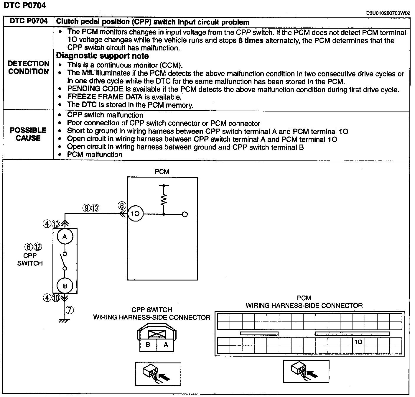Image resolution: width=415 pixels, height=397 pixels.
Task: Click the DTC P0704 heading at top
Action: coord(25,5)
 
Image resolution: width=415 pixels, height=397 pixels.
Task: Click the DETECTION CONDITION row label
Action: coord(28,68)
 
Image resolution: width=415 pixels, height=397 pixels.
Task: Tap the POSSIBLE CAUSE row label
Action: coord(28,134)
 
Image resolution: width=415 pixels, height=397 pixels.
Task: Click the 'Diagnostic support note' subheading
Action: coord(102,56)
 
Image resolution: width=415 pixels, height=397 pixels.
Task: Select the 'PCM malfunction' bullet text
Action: coord(95,155)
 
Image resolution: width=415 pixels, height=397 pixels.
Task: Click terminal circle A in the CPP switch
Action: coord(65,237)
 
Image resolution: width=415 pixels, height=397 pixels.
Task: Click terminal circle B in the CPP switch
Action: coord(65,286)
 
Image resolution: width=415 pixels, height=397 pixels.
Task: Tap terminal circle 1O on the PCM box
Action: coord(135,214)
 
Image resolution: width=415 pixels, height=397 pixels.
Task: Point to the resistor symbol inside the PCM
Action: coord(164,200)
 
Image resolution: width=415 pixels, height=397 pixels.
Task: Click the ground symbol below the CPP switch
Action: coord(64,320)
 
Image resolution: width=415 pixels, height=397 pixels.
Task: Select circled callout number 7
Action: coord(70,310)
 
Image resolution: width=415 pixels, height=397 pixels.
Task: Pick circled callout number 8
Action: coord(122,205)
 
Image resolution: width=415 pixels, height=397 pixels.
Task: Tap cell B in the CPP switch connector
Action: coord(148,345)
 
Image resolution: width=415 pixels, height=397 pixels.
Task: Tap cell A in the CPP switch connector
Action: coord(166,345)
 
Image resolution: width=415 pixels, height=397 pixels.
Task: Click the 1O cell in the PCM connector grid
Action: coord(358,342)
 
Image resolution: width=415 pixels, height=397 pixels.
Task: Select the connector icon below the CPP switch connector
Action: coord(158,374)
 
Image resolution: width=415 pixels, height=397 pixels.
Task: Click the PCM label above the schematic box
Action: coord(162,172)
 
